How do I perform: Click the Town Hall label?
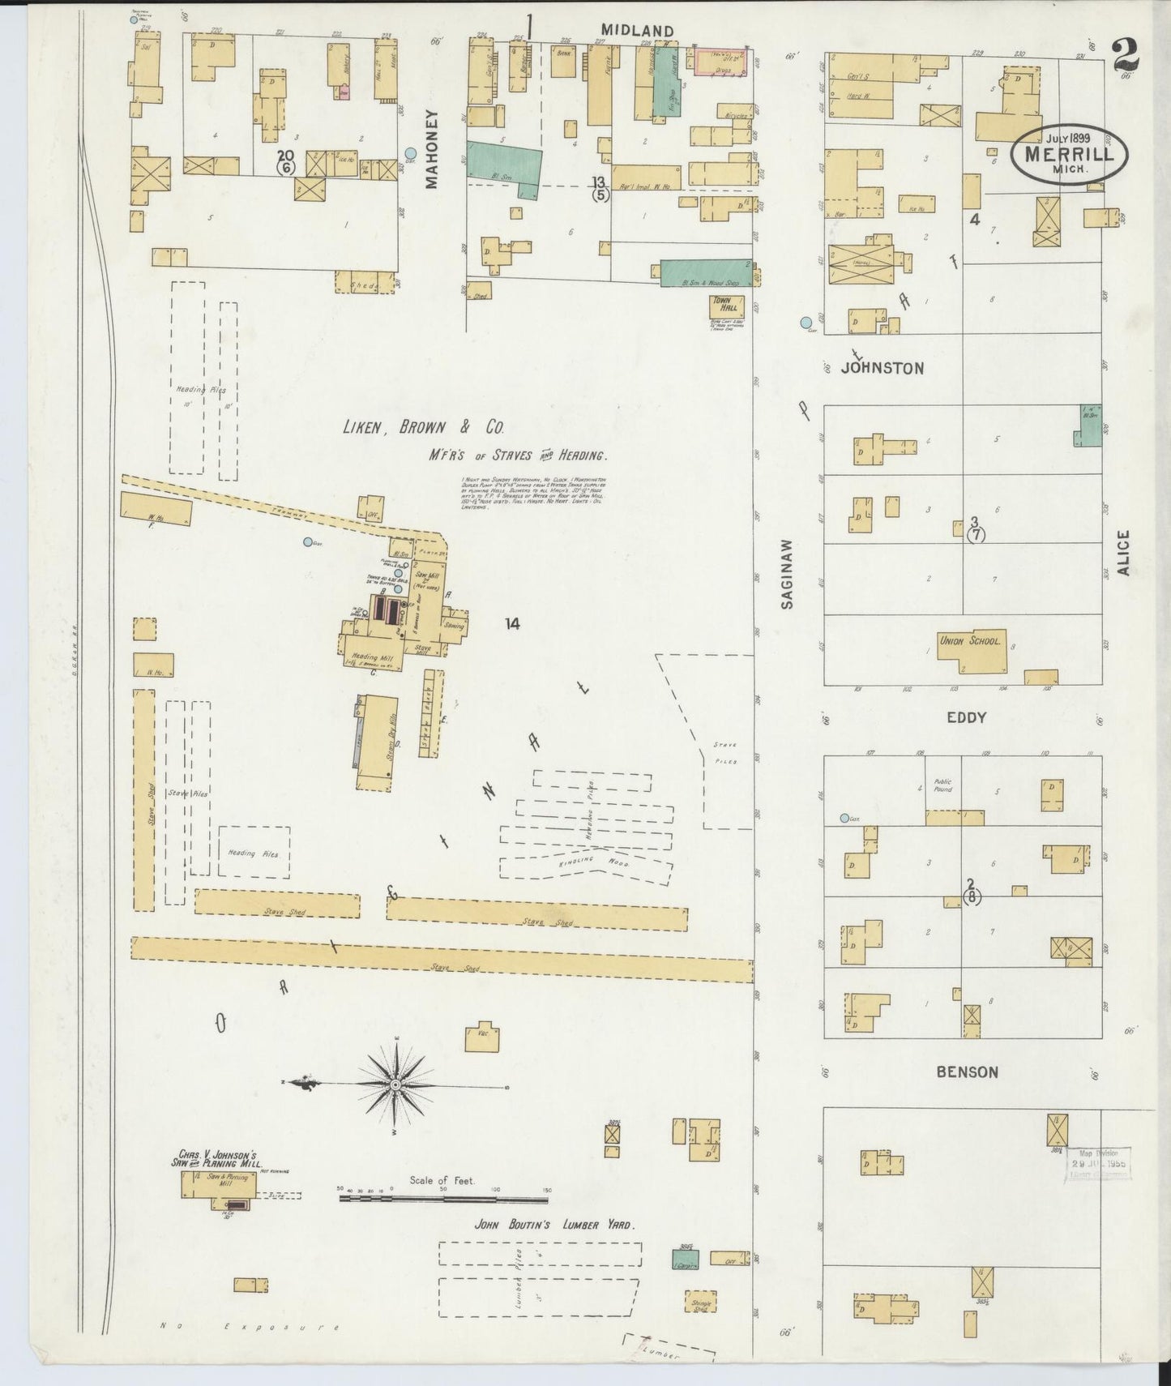tap(721, 305)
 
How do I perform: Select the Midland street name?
tap(637, 31)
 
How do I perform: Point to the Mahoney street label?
tap(431, 149)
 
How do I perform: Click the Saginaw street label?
tap(791, 574)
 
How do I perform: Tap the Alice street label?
tap(1122, 553)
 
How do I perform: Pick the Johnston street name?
tap(882, 368)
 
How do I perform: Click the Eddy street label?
tap(966, 717)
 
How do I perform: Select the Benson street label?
tap(967, 1072)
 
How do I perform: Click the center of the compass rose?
tap(395, 1084)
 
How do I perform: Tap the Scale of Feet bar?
tap(442, 1198)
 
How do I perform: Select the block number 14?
tap(511, 623)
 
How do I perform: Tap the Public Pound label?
tap(942, 785)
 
